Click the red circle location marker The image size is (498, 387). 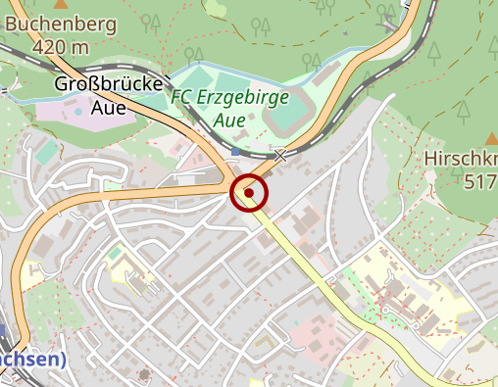click(249, 193)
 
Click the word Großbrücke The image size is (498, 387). click(109, 85)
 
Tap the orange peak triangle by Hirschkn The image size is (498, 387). click(492, 138)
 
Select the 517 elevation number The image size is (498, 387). click(480, 181)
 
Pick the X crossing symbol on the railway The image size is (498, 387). click(280, 154)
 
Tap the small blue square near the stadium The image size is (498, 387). click(236, 152)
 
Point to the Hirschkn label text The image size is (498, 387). click(462, 159)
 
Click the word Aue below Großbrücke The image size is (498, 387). click(109, 108)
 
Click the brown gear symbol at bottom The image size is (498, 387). click(145, 373)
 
